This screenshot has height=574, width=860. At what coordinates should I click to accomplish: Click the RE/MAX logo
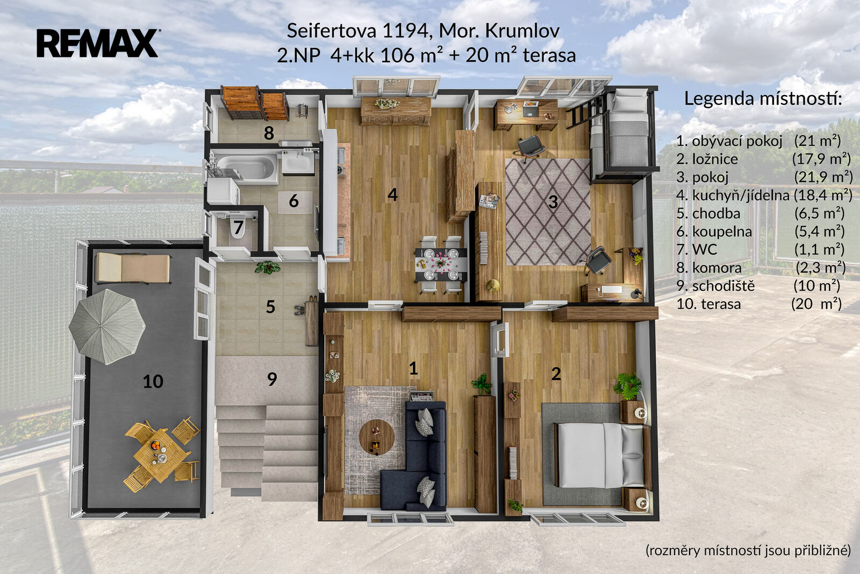pos(97,43)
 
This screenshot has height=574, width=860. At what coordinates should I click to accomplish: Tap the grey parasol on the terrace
pos(107,327)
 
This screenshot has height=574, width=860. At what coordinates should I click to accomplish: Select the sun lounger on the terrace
pos(133,268)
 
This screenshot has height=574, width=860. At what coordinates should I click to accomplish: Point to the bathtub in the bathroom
pos(245,167)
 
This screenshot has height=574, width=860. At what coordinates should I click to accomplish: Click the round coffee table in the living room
pos(377,437)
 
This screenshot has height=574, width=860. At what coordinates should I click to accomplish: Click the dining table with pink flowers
pos(441,264)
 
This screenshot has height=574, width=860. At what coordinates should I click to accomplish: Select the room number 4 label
pos(392,195)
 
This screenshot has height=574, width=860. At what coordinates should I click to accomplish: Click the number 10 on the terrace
pos(153,382)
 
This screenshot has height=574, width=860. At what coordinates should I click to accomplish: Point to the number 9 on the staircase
pos(272,379)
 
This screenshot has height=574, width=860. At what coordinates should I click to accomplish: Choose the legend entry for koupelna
pos(760,231)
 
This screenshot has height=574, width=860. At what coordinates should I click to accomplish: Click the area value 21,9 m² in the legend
pos(823,177)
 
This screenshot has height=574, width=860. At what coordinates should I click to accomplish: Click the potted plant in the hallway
pos(267,267)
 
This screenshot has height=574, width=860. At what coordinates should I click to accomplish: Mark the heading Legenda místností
pos(763,99)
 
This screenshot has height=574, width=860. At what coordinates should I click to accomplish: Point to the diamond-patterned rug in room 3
pos(548,212)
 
